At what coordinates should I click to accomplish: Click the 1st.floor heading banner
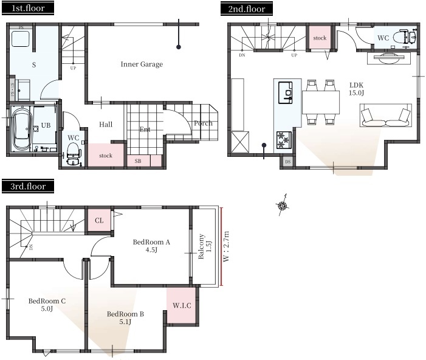pos(28,8)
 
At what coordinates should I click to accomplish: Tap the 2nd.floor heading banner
pos(246,9)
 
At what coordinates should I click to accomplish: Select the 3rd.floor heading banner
pos(28,186)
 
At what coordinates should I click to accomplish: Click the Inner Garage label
pos(142,64)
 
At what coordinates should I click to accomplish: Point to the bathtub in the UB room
pos(22,128)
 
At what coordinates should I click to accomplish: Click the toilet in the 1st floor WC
pos(74,153)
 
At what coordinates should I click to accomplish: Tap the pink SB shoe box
pos(139,161)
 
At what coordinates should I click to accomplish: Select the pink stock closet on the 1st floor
pos(106,155)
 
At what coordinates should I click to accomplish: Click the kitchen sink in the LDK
pos(286,92)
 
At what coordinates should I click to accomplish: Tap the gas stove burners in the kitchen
pos(284,140)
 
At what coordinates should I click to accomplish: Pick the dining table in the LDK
pos(321,102)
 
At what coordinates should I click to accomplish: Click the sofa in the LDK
pos(386,115)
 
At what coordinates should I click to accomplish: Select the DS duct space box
pos(287,162)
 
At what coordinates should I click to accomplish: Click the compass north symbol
pos(283,206)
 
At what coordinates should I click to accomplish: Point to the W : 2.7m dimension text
pos(226,246)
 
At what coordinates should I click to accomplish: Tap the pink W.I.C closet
pos(181,305)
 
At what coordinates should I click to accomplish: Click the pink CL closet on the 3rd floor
pos(99,220)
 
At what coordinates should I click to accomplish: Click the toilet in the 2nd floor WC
pos(405,36)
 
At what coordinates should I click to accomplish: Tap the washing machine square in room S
pos(21,39)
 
